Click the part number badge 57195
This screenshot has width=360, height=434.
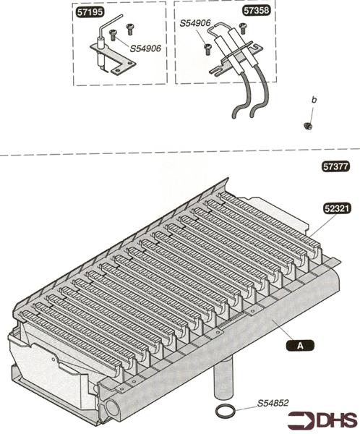[90, 12]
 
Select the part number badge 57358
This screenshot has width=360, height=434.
[256, 11]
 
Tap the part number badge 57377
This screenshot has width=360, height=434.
[336, 166]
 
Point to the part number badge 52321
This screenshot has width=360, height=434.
[338, 208]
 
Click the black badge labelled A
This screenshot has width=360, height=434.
[300, 346]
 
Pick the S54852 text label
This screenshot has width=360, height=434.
[273, 403]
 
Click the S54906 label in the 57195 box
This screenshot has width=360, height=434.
[145, 48]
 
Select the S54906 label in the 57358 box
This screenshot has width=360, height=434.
[195, 23]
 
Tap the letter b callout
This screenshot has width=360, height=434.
[314, 100]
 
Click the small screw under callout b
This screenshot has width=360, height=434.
[308, 126]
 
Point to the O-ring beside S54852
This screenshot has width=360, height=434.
[226, 411]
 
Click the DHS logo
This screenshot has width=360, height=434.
[322, 421]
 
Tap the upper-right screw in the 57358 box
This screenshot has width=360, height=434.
[242, 28]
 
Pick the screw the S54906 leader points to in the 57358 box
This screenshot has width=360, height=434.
[207, 49]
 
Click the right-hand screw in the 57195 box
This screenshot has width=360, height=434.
[130, 29]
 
